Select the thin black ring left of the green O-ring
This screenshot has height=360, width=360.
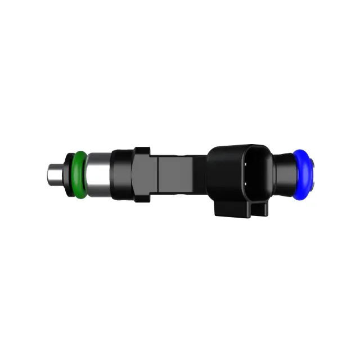pyautogui.click(x=71, y=175)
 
